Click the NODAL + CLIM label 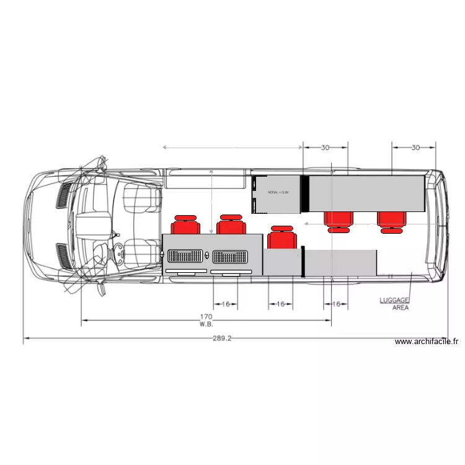(278, 193)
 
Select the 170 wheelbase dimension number (206, 316)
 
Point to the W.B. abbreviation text (206, 324)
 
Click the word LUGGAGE (394, 300)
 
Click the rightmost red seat (391, 221)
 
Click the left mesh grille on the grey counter (185, 255)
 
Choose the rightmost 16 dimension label (336, 304)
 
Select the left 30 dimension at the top (325, 148)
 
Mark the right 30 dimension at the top (414, 148)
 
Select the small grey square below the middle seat (282, 262)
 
